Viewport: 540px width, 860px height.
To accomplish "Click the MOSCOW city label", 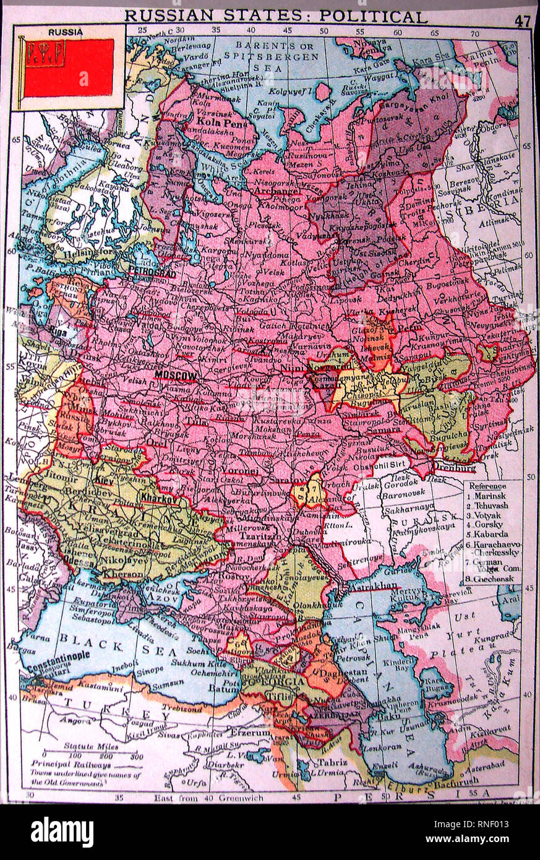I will click(176, 376).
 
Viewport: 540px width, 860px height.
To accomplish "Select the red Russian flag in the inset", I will click(69, 67).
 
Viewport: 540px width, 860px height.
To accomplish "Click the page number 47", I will click(522, 20).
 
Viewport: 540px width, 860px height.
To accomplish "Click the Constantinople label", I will click(59, 655).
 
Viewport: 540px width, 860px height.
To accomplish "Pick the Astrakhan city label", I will click(370, 583).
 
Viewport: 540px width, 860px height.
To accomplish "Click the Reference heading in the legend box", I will click(489, 486).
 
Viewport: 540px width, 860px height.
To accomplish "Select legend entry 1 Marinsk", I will click(489, 496).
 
